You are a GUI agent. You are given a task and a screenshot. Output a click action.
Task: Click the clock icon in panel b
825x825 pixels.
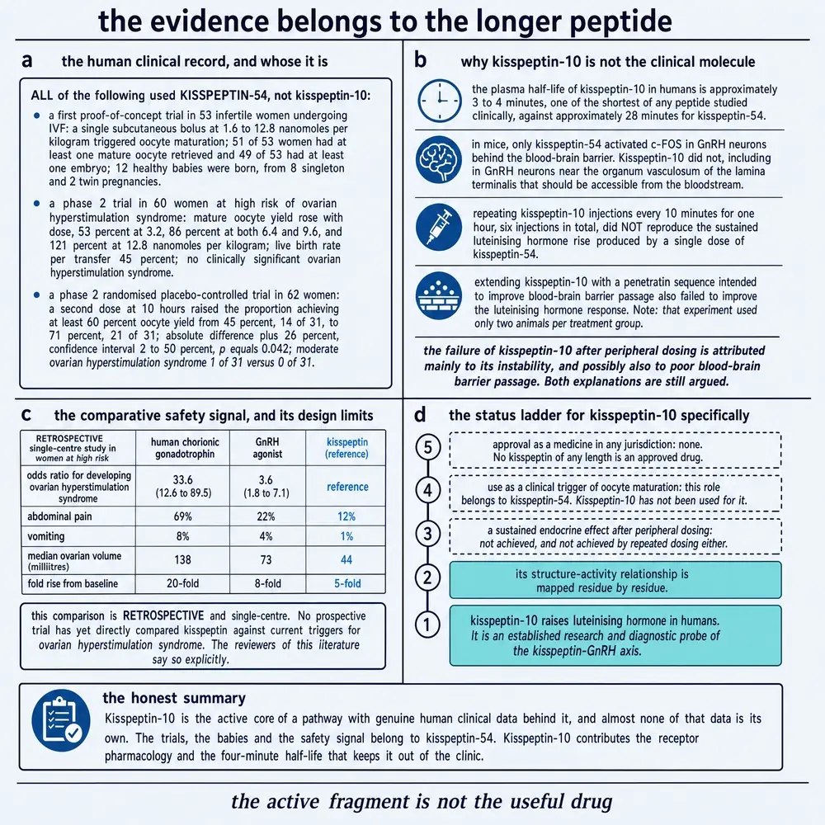tap(440, 101)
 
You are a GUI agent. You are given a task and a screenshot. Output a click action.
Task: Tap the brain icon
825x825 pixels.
tap(439, 159)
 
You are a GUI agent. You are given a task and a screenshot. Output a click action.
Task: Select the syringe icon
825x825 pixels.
tap(439, 228)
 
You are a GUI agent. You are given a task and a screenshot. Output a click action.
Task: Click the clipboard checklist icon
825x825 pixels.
tap(61, 720)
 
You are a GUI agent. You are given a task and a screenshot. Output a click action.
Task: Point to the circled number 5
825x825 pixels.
tap(427, 447)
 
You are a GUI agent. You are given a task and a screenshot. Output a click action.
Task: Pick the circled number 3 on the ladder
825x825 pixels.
tap(427, 534)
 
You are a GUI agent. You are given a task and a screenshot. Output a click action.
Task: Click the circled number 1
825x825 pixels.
tap(427, 625)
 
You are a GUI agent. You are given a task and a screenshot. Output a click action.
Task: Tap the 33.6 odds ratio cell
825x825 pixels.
tap(182, 486)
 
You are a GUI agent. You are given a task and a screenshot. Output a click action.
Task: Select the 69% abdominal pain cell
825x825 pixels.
tap(182, 516)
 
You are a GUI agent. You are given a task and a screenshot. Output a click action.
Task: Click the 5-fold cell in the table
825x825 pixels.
tap(347, 583)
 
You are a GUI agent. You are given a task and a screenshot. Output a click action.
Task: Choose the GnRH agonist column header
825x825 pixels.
tap(267, 448)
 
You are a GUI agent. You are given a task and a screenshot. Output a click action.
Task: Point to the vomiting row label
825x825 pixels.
tap(45, 536)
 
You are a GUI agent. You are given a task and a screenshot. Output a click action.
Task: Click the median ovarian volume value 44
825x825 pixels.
tap(346, 560)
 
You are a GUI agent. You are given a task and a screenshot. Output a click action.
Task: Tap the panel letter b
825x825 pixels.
tap(421, 59)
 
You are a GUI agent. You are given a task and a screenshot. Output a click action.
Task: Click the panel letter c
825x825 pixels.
tap(26, 415)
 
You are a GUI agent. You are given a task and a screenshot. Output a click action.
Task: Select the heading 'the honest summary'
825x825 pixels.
tap(174, 698)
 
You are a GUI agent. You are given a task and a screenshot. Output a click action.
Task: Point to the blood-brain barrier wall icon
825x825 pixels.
tap(439, 295)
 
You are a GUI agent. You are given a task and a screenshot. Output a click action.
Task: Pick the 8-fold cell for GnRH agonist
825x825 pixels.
tap(267, 583)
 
